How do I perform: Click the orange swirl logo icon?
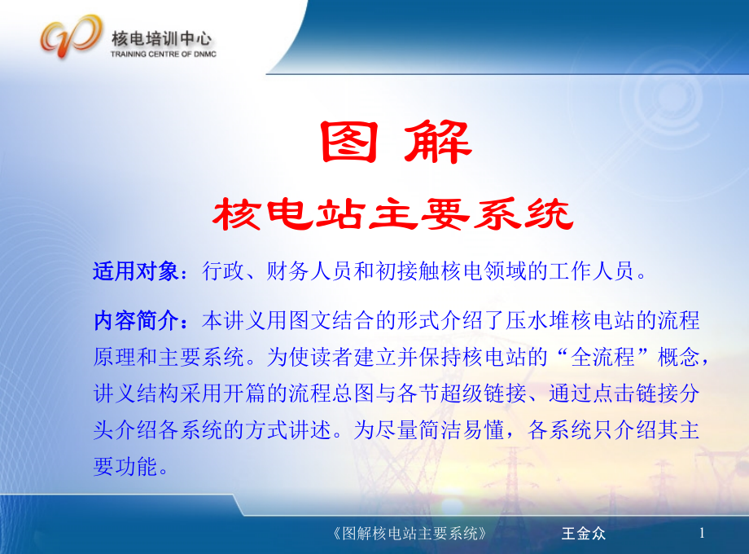[x=72, y=37]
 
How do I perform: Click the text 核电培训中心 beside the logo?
[x=161, y=38]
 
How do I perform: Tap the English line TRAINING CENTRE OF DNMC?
[x=164, y=54]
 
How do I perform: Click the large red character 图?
[x=349, y=142]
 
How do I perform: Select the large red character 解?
[x=438, y=142]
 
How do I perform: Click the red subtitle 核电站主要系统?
[x=392, y=213]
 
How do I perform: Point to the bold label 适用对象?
[x=136, y=271]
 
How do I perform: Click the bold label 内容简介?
[x=136, y=320]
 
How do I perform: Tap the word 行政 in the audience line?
[x=223, y=271]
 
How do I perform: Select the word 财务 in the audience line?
[x=287, y=271]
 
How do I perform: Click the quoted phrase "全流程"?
[x=602, y=357]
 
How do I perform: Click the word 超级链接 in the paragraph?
[x=484, y=394]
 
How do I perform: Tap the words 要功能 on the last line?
[x=125, y=467]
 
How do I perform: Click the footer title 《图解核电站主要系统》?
[x=410, y=534]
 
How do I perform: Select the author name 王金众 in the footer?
[x=584, y=534]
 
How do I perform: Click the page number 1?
[x=702, y=533]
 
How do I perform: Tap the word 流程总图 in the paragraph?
[x=331, y=394]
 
